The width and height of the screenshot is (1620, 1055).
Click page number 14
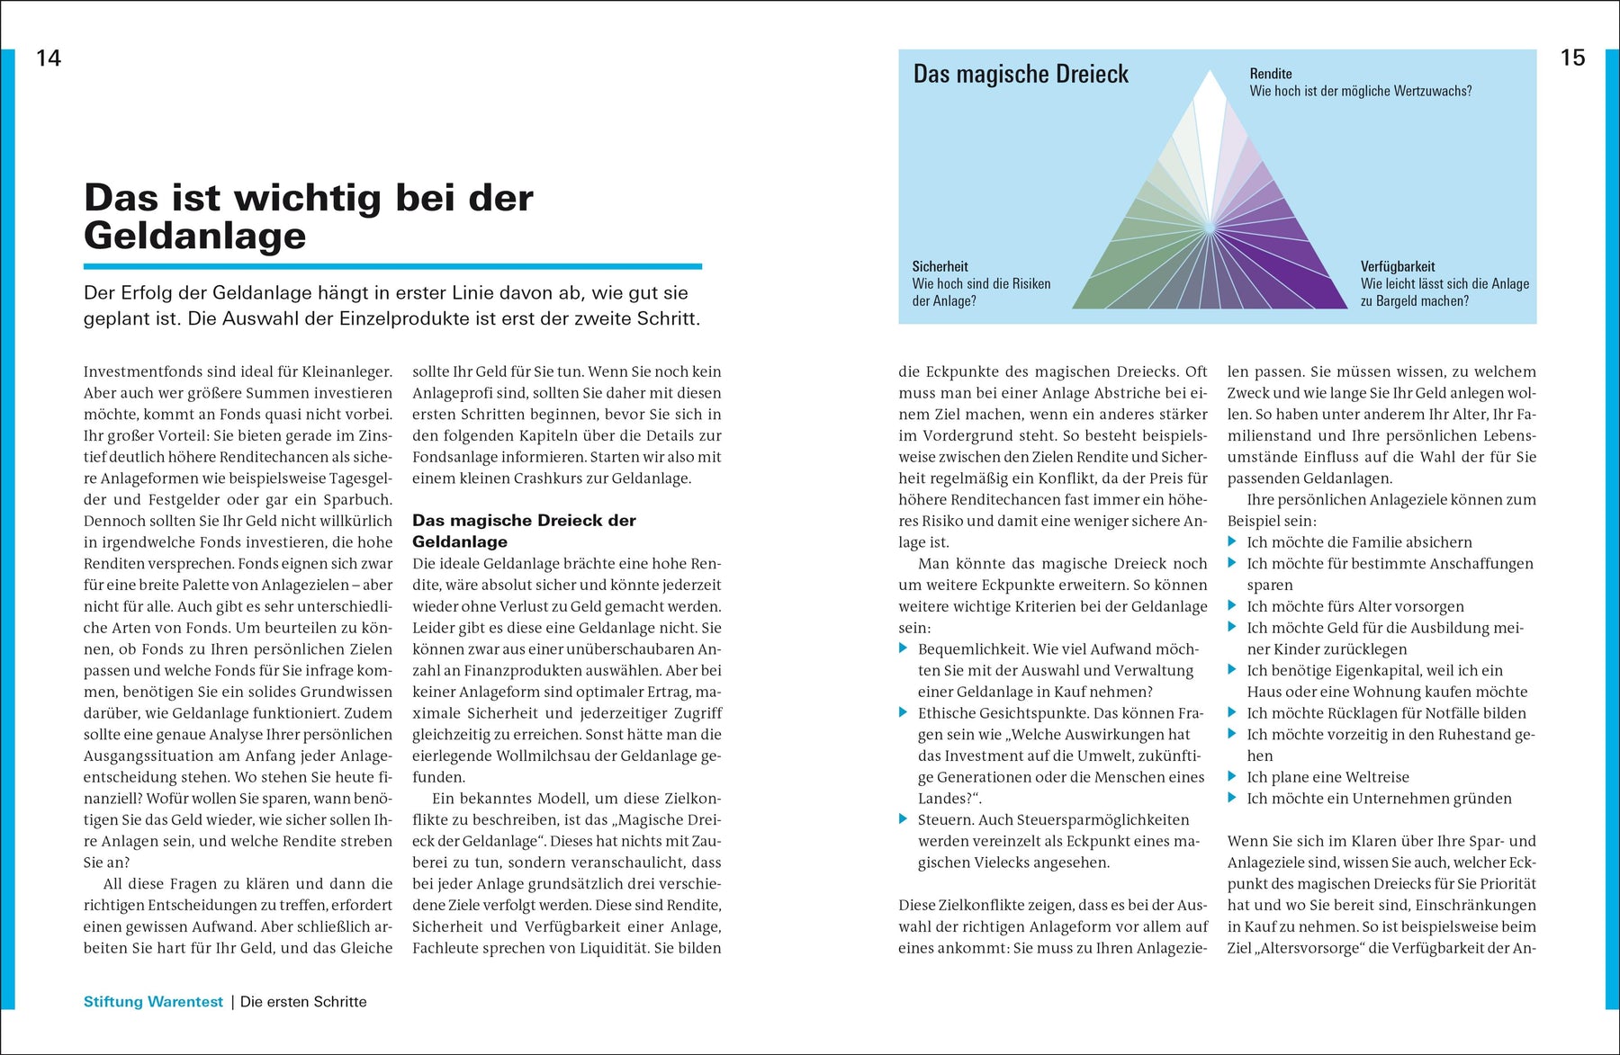(x=49, y=58)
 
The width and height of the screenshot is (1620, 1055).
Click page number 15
(x=1571, y=58)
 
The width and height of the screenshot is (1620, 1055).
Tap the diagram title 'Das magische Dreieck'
(x=1021, y=75)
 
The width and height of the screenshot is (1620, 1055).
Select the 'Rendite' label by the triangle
(x=1270, y=74)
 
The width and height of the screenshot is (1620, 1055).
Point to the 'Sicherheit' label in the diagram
(x=940, y=266)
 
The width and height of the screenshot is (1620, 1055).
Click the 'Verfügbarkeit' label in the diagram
(x=1397, y=266)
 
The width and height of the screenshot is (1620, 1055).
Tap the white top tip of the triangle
(x=1210, y=85)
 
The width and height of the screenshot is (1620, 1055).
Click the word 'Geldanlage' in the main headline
(x=195, y=237)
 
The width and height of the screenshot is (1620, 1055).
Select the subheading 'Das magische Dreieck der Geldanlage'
(x=523, y=531)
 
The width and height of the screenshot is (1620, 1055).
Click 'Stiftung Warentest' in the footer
(x=153, y=1002)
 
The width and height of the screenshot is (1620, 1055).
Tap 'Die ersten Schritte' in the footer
(x=303, y=1002)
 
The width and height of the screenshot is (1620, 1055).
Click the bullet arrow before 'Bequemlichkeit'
(x=904, y=648)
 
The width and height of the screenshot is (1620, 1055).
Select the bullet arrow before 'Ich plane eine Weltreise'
(x=1233, y=776)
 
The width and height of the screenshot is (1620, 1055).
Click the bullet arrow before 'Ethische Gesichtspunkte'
(x=904, y=712)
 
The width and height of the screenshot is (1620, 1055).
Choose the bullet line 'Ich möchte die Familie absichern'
(x=1359, y=542)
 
